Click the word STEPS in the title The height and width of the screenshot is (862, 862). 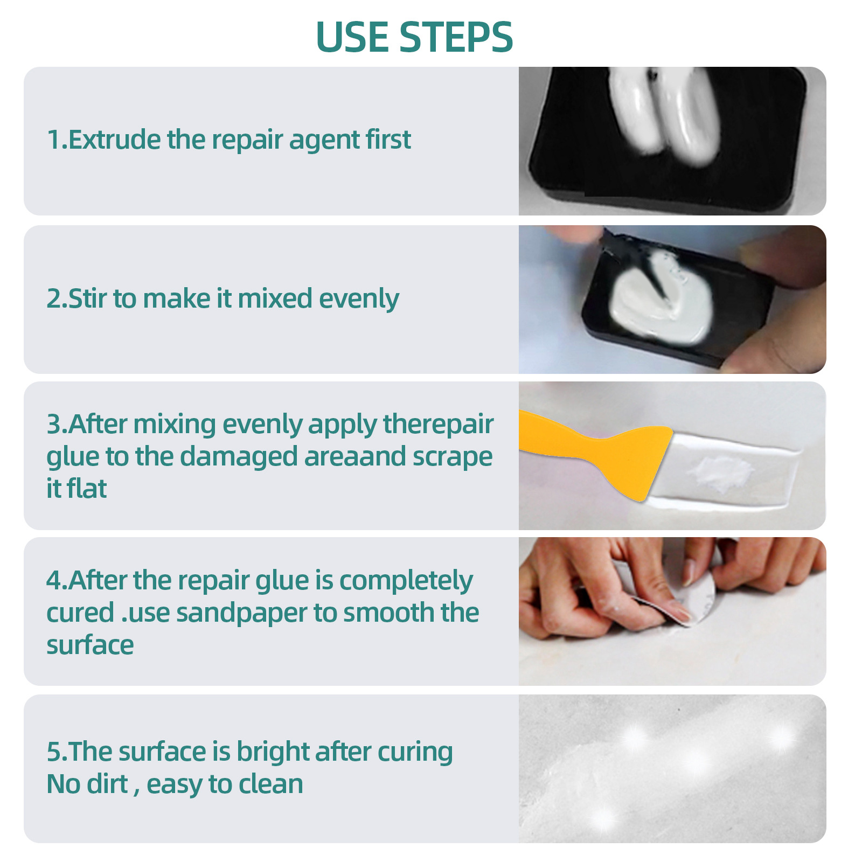[456, 38]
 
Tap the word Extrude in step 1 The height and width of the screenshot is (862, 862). [114, 140]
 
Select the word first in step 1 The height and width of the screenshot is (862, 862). [388, 140]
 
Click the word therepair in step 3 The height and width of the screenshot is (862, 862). [438, 425]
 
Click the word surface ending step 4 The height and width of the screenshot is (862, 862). [90, 645]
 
